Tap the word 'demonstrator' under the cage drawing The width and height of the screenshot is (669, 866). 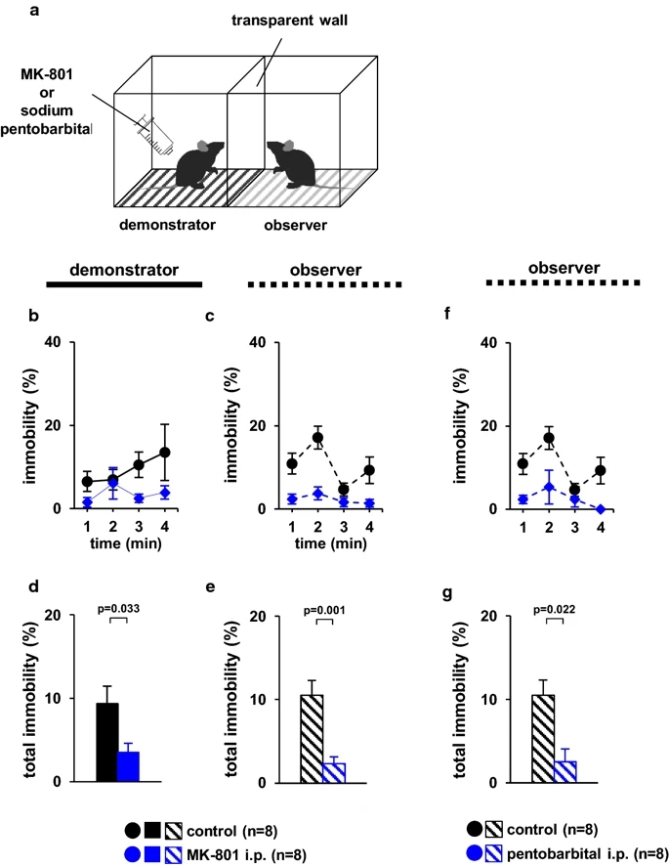tap(165, 223)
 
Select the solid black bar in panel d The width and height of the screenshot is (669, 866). tap(107, 742)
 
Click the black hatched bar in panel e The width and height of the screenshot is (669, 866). tap(313, 738)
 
